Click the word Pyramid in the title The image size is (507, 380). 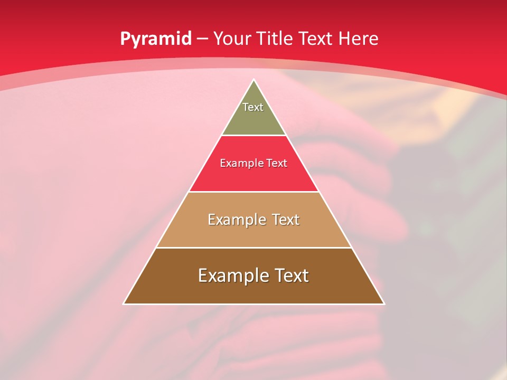[x=155, y=39]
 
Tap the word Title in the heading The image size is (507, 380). [x=278, y=39]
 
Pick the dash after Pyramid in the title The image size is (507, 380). [x=202, y=39]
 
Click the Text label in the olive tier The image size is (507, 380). [x=253, y=107]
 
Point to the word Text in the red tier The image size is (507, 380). [x=277, y=164]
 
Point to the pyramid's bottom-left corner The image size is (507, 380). [x=124, y=303]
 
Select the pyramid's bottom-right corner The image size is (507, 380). [x=384, y=303]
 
